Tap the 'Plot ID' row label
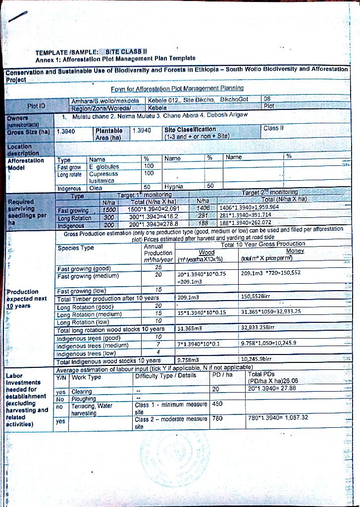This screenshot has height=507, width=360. tap(36, 105)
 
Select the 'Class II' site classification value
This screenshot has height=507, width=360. tap(274, 128)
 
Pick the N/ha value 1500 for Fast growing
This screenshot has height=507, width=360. tap(108, 209)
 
